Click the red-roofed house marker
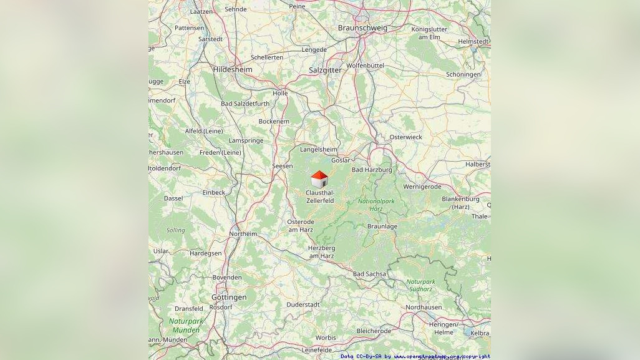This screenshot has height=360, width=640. click(319, 180)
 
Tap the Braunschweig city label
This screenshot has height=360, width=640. click(362, 27)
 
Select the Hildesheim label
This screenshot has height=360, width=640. click(233, 70)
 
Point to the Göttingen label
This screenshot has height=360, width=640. click(229, 297)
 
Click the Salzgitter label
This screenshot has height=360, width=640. click(325, 71)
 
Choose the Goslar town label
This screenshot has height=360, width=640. click(341, 160)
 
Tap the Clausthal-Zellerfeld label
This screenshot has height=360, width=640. click(320, 197)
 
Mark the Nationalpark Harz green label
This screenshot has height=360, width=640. click(376, 205)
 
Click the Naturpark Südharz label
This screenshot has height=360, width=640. click(421, 285)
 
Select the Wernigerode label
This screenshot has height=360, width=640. click(422, 187)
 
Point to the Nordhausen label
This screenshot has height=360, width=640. click(424, 308)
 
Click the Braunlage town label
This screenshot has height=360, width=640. click(382, 226)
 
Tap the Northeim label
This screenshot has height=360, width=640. click(243, 234)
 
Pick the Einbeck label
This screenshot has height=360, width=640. click(213, 193)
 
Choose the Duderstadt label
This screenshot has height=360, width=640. click(303, 304)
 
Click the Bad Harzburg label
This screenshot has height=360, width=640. click(372, 170)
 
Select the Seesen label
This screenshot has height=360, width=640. click(282, 166)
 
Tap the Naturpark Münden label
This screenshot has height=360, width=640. click(186, 325)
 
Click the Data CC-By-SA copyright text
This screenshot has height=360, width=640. click(415, 356)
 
